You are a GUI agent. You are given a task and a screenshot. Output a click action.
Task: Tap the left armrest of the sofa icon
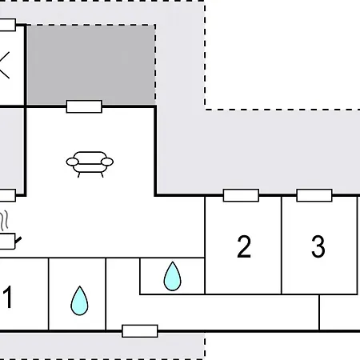pos(73,162)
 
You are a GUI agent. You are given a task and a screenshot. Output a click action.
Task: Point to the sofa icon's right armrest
pos(107,162)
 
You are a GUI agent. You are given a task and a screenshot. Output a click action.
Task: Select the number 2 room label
pos(244,246)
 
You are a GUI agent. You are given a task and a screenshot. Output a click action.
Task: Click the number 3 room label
pos(318,246)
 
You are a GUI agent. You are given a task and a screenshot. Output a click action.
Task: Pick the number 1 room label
pos(8,297)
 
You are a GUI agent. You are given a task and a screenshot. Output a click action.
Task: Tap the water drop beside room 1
pos(79,301)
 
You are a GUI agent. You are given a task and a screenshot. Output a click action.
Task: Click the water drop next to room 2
pos(172,276)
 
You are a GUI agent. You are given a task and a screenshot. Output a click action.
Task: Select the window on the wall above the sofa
pos(84,106)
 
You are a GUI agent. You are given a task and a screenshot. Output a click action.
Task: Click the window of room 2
pos(241,195)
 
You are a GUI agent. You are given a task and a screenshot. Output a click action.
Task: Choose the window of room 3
pos(314,195)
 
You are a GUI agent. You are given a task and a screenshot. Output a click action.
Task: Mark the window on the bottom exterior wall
pos(140,331)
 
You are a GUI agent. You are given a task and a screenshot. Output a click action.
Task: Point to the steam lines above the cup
pos(4,221)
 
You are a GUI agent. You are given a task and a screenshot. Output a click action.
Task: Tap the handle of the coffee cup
pos(18,240)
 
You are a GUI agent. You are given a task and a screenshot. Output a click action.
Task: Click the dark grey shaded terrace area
pos(91,64)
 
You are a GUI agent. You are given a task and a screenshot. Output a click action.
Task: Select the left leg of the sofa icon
pos(79,175)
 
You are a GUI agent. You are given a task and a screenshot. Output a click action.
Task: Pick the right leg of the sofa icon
pos(102,175)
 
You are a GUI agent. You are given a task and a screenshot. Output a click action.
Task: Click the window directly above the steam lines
pos(7,195)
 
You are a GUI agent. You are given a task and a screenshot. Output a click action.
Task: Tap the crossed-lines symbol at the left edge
pos(5,66)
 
